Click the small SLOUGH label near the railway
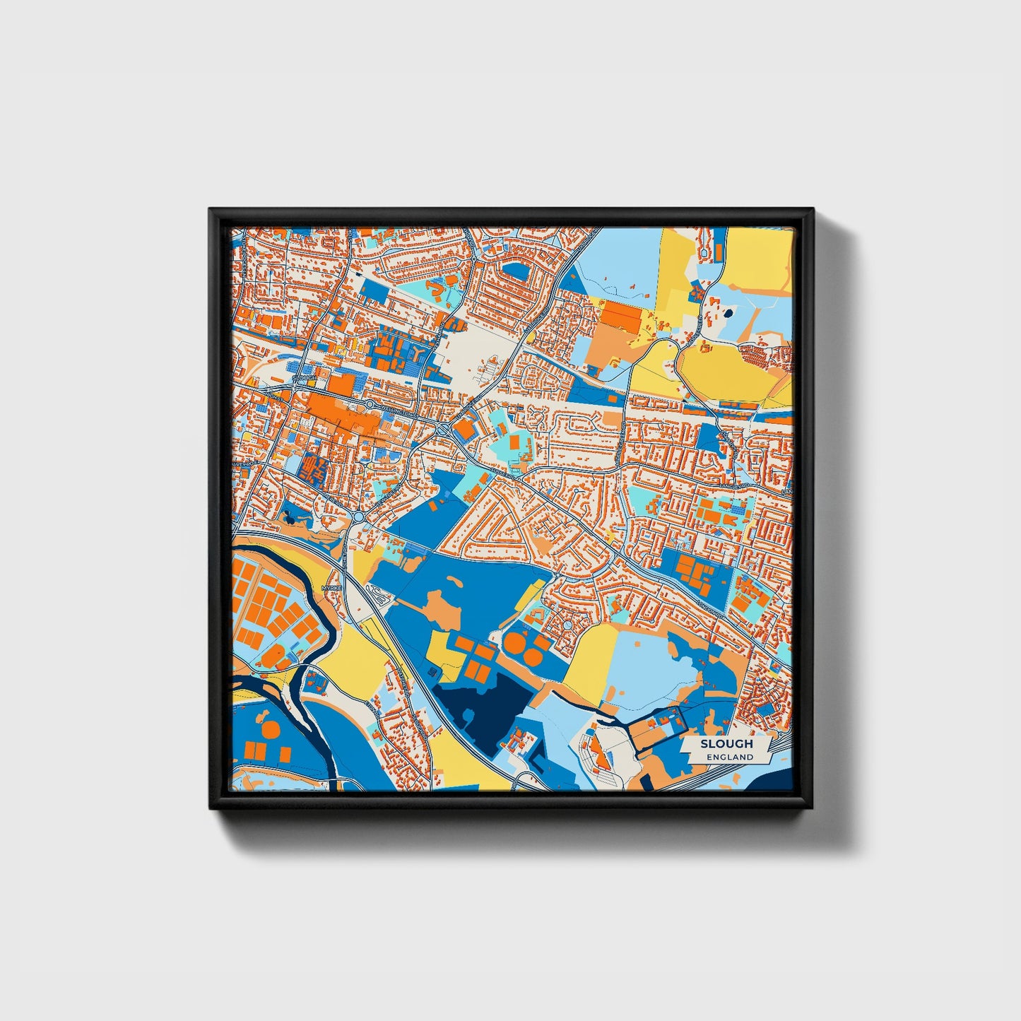[x=305, y=378]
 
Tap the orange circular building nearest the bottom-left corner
[x=270, y=728]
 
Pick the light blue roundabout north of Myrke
[x=358, y=517]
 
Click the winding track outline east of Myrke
[x=382, y=597]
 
